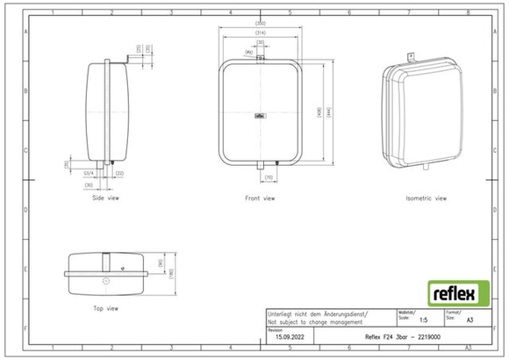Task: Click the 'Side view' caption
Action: coord(106,198)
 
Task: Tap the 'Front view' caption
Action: coord(261,198)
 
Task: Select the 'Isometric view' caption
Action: coord(426,198)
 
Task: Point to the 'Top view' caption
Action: coord(106,308)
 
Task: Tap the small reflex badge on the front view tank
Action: coord(261,113)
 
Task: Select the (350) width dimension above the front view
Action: coord(261,23)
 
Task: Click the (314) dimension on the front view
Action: coord(261,32)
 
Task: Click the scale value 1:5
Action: coord(424,321)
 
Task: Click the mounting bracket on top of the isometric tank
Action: coord(410,58)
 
